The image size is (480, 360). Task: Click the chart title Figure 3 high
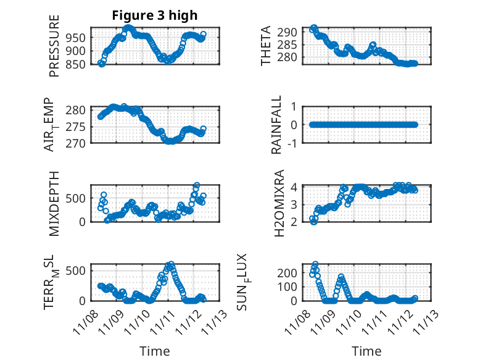pos(155,15)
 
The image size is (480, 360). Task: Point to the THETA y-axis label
pos(266,46)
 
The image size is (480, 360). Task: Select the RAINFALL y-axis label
pos(277,125)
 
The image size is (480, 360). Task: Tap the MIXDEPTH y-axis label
pos(54,203)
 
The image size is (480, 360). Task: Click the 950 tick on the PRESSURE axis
pos(78,37)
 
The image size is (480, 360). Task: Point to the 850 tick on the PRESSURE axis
pos(78,64)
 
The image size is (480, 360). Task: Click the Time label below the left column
pos(155,351)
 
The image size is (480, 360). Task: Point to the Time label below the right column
pos(366,351)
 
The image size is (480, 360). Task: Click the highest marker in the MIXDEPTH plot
pos(197,185)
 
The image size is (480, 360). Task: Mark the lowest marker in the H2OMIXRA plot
pos(314,221)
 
